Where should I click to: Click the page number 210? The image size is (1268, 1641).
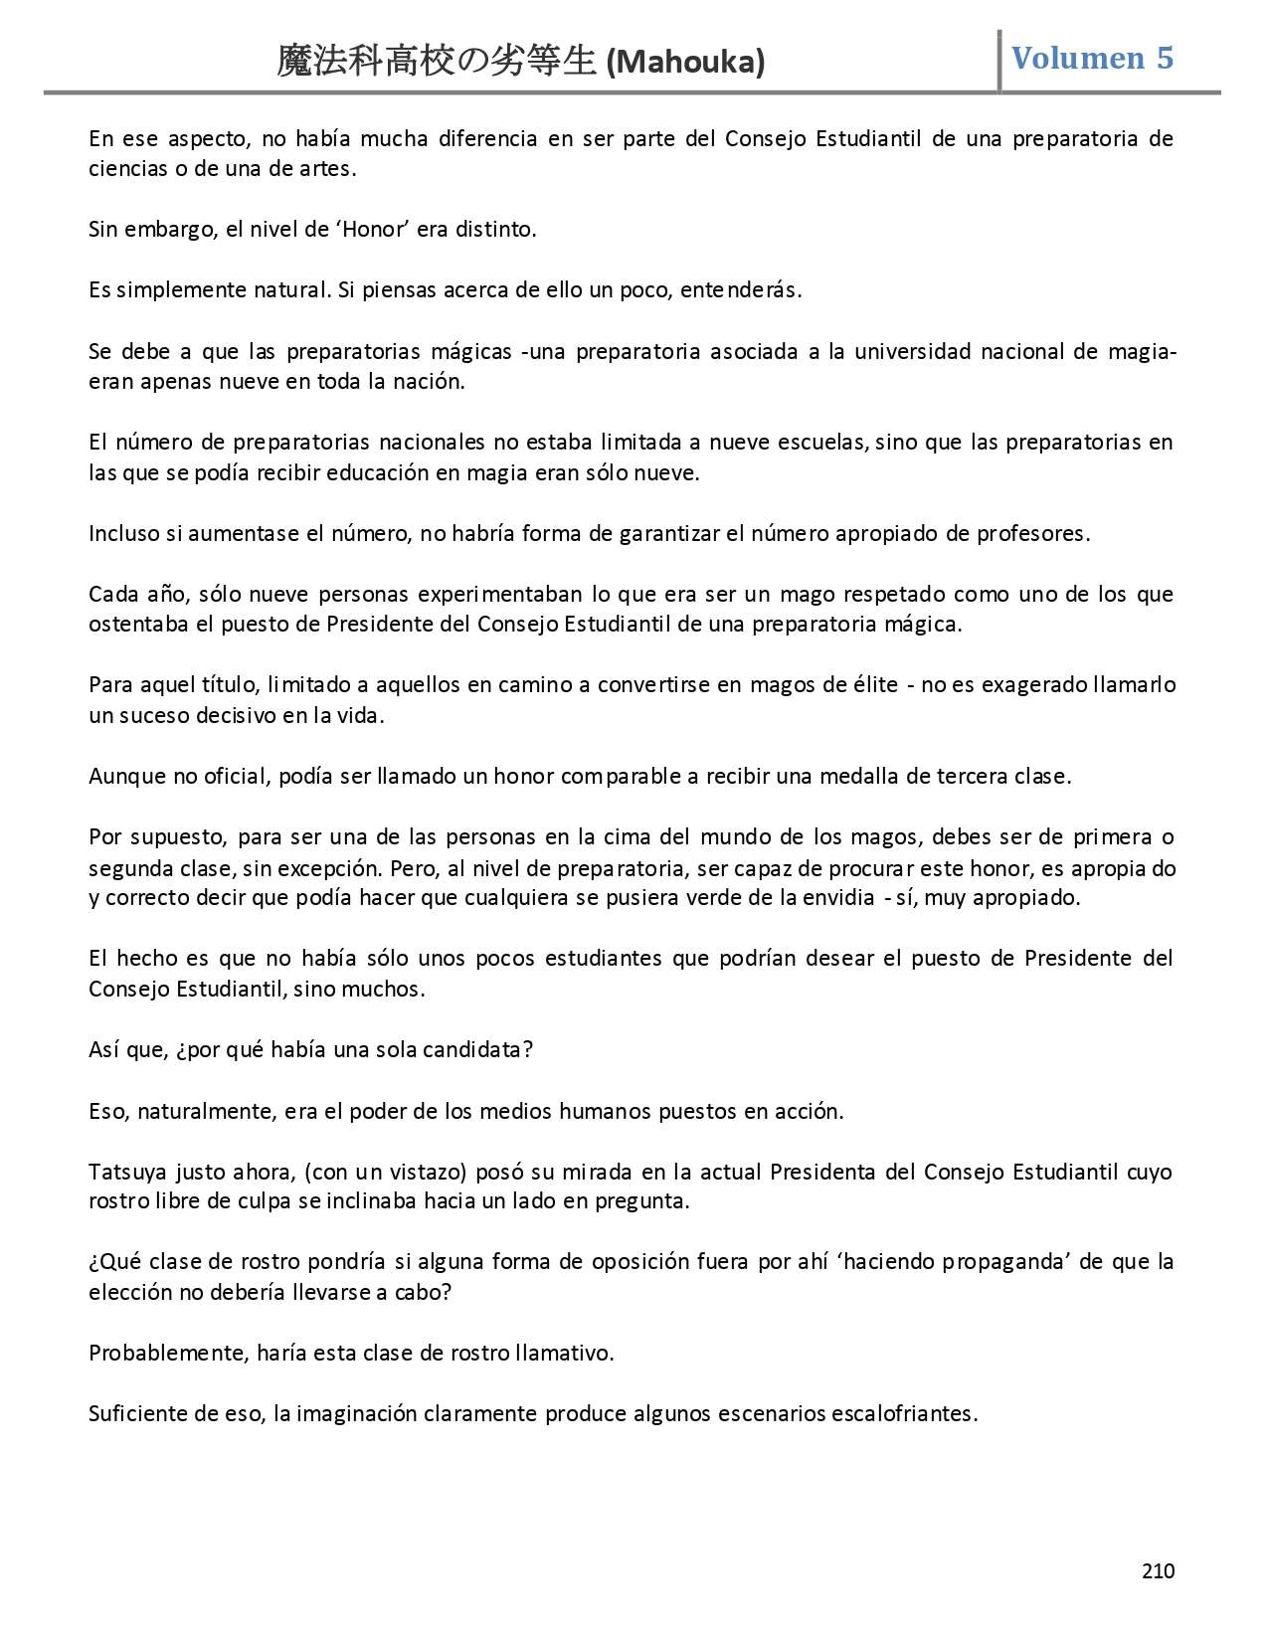(1158, 1571)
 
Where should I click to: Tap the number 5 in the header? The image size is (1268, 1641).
(1165, 59)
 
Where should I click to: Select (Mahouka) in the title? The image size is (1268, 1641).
(685, 63)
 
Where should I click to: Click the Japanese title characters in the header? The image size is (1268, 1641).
(439, 62)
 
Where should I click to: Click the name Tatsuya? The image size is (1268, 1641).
(127, 1172)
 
